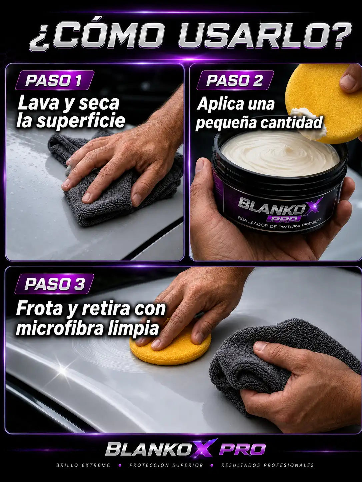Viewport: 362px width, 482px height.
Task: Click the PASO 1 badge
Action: click(x=55, y=80)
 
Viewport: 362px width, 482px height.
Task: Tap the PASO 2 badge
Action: click(x=235, y=80)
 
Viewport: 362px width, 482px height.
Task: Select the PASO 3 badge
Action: click(x=55, y=284)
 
